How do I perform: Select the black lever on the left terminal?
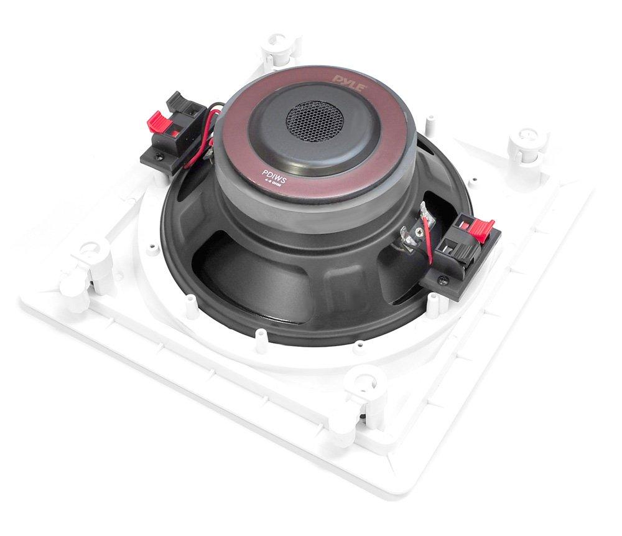click(x=181, y=100)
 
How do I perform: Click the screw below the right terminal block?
click(x=443, y=281)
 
